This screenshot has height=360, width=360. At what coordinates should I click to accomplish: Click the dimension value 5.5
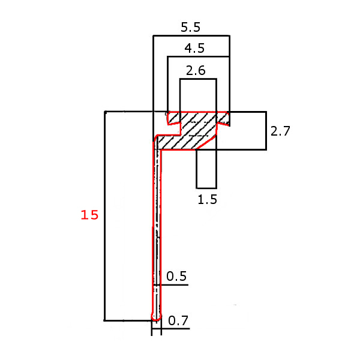click(190, 27)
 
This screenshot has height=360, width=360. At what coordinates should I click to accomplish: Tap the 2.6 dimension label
click(196, 71)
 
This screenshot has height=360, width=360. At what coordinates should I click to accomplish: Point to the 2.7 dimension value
click(280, 131)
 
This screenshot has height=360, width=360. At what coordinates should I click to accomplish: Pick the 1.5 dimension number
click(207, 200)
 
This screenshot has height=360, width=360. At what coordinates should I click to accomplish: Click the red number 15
click(89, 215)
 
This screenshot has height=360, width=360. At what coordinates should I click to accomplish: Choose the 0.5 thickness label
click(176, 277)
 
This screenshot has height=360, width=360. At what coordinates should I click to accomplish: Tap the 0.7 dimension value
click(178, 321)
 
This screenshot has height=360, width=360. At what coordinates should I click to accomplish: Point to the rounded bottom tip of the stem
click(157, 316)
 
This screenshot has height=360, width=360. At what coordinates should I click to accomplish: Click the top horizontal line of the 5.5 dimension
click(191, 36)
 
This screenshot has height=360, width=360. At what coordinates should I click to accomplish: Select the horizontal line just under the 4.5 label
click(198, 57)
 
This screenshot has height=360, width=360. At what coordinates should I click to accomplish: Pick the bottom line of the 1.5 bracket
click(206, 188)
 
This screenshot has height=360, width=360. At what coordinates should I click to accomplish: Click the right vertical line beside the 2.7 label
click(266, 130)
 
